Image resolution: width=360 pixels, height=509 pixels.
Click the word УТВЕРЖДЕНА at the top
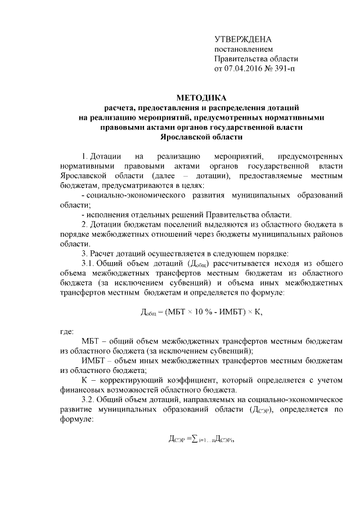(243, 39)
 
